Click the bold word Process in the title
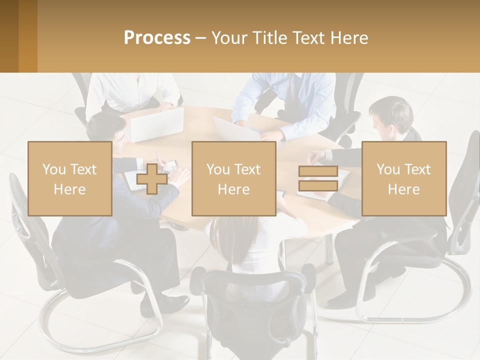(x=157, y=38)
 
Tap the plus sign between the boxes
(x=152, y=178)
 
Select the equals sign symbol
(x=318, y=178)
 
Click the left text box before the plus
(x=70, y=178)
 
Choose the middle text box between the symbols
(x=233, y=178)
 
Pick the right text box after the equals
(x=404, y=178)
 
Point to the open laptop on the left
(x=156, y=124)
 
